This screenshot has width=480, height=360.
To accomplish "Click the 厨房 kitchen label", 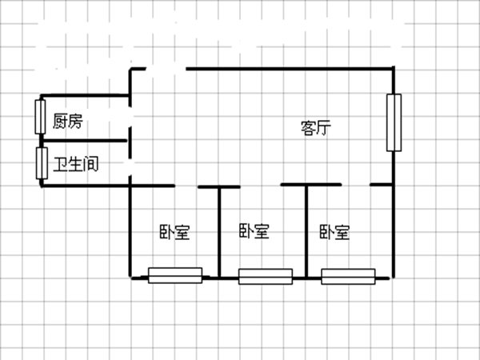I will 67,122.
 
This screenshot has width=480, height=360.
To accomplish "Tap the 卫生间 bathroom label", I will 76,166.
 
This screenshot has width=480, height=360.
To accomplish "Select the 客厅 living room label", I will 316,127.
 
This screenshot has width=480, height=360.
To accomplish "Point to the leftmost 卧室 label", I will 174,233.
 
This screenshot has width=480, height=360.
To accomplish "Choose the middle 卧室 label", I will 254,231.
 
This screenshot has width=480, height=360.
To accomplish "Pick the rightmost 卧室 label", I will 334,233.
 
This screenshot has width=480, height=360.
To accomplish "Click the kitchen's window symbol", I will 41,117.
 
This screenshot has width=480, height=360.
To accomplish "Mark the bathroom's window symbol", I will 41,164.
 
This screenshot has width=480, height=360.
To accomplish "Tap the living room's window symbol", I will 392,122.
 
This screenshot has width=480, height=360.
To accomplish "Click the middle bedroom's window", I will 265,277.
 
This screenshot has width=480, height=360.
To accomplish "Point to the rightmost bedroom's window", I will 348,277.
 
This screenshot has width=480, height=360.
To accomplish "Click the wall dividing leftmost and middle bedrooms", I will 220,232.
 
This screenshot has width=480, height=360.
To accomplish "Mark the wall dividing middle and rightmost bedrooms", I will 306,232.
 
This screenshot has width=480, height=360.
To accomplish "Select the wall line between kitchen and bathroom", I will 84,142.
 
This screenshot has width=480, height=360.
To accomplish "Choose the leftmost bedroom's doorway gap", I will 186,186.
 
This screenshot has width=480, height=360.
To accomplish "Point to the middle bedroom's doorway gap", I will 260,186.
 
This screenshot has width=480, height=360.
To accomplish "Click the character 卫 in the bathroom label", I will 60,166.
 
